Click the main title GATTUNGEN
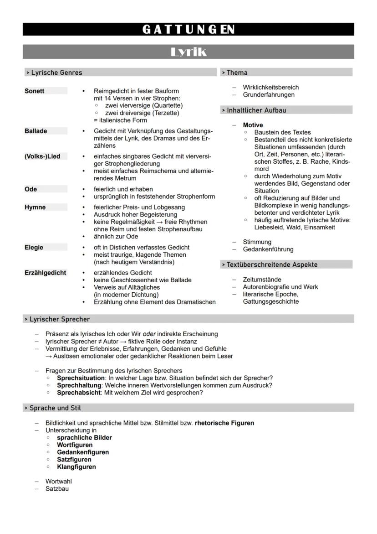point(188,30)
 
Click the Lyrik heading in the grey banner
point(188,52)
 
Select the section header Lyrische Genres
point(56,73)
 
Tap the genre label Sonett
point(35,91)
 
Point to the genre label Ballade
point(36,131)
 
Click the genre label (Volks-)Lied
point(42,156)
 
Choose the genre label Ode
point(31,189)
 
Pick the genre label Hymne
point(35,207)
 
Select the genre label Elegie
point(34,247)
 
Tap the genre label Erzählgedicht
point(46,273)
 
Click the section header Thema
point(237,73)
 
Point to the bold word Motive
point(253,125)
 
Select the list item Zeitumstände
point(262,280)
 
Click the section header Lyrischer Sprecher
point(59,319)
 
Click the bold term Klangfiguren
point(76,467)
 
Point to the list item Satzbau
point(57,489)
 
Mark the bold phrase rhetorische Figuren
point(224,423)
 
